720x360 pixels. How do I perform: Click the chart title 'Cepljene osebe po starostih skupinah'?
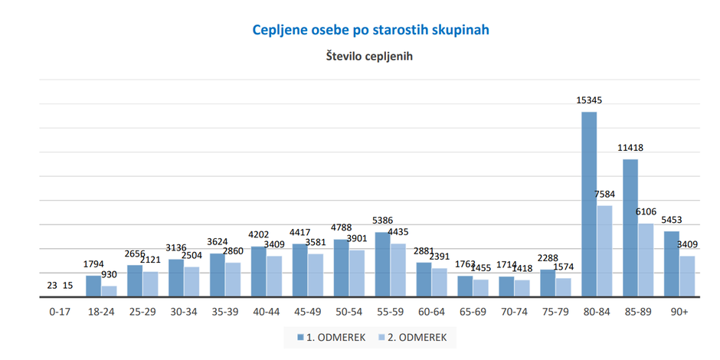371,30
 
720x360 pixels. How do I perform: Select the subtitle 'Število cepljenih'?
370,56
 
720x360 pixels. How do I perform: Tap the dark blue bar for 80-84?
589,205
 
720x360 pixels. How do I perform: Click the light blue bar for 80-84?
605,251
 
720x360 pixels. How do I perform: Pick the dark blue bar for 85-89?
630,227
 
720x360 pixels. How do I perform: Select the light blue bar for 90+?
687,277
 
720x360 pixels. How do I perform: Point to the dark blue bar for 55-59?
382,264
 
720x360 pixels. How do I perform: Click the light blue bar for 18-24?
109,291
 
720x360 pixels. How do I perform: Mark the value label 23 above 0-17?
52,285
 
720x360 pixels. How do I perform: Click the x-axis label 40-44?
266,313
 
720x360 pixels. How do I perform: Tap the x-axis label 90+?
679,313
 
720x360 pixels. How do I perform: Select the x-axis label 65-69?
473,313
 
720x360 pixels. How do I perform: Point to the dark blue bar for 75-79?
548,283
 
